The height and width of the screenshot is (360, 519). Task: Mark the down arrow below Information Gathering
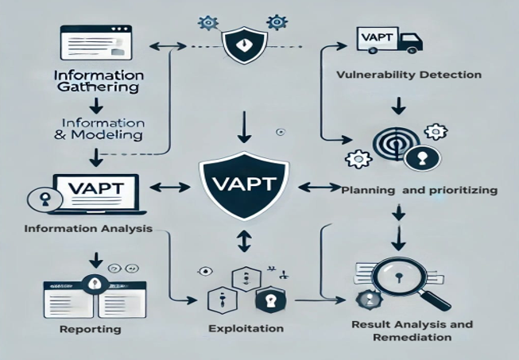(96, 105)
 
